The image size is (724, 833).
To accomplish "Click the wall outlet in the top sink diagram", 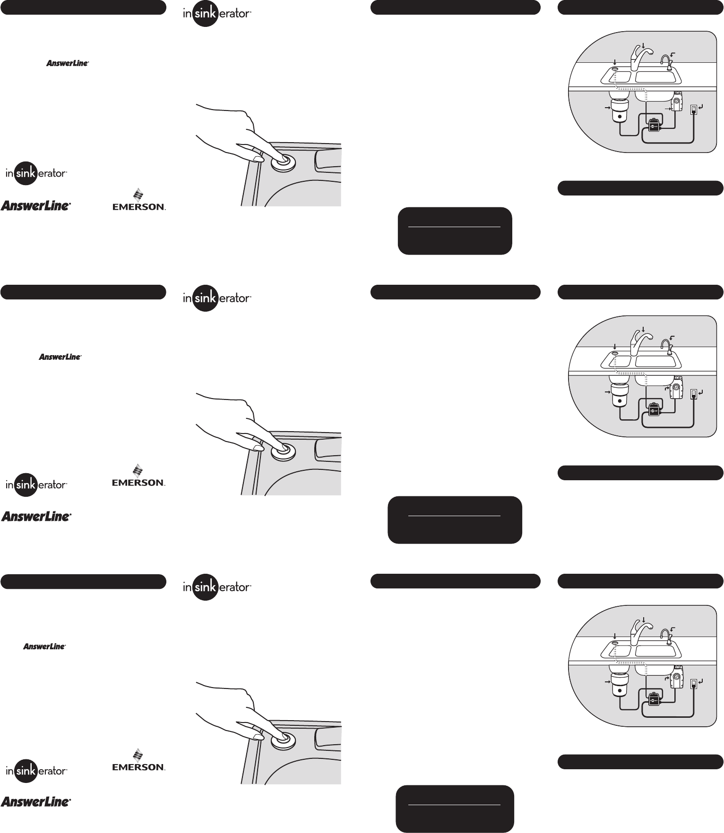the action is [x=693, y=110].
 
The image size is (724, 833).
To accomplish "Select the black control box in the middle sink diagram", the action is [x=654, y=410].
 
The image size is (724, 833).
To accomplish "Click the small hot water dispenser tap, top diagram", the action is [x=666, y=63].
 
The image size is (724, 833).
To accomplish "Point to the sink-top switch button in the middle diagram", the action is [x=614, y=353].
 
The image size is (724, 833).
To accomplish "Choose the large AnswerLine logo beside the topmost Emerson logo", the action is [x=36, y=205].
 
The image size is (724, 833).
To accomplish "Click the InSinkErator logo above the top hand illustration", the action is [x=217, y=14].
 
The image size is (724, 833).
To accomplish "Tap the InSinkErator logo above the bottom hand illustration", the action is [x=217, y=587].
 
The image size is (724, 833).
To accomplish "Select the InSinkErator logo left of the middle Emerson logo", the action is [x=36, y=484].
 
